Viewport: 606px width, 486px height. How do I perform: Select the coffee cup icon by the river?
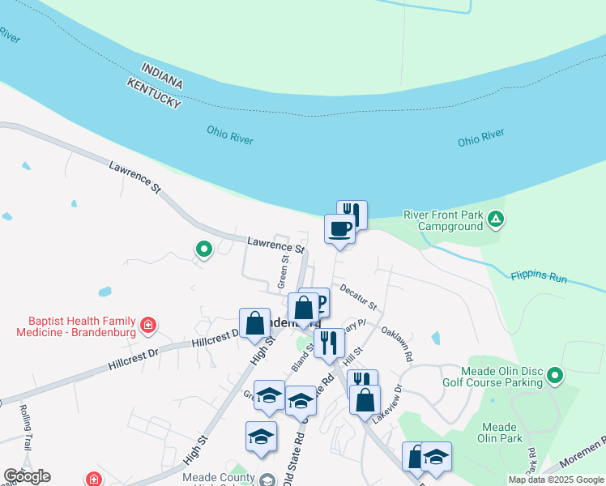[339, 228]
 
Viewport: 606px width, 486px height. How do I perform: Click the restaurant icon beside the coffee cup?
[352, 214]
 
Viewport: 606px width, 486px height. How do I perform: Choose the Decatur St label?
[358, 296]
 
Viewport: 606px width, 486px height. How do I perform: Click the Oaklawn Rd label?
[397, 343]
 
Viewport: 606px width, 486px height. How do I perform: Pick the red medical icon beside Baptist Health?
[147, 326]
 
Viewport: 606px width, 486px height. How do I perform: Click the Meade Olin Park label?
[499, 433]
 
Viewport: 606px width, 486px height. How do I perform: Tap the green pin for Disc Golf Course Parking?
[554, 374]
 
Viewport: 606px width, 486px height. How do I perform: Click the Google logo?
[27, 476]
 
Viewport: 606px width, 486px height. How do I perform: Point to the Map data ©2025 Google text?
[556, 480]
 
